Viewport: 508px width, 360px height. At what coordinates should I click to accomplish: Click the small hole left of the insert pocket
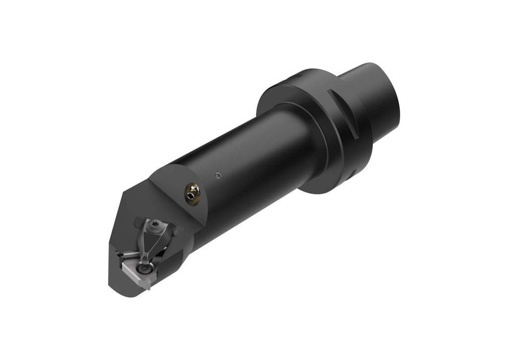coord(119,254)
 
